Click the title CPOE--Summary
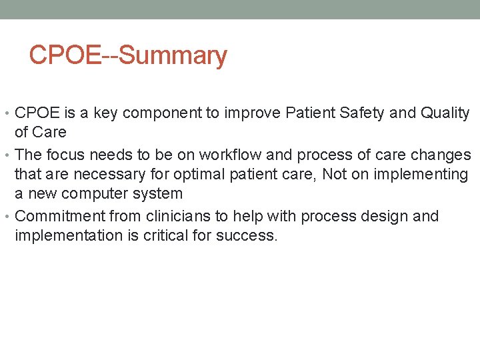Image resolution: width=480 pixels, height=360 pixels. coord(128,55)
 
